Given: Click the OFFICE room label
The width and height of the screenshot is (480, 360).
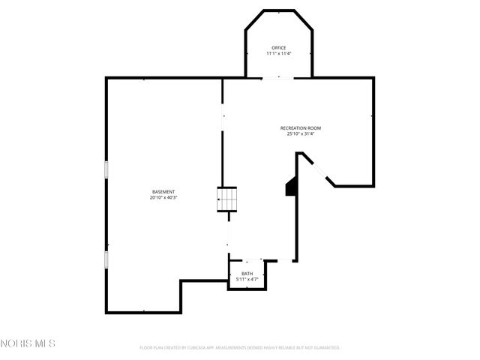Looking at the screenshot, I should pos(278,48).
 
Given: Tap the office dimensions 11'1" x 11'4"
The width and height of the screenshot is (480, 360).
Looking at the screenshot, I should pos(278,54).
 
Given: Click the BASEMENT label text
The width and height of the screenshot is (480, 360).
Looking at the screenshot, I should pos(163,192).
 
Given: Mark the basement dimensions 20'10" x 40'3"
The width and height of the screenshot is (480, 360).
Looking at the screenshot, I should pos(163,198).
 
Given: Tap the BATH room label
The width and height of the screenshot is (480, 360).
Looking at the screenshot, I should pos(247,274).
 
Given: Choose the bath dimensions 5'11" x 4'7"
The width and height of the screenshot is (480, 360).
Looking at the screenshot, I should pos(247,280).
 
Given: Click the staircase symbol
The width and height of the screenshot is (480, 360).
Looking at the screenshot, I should pos(227,199).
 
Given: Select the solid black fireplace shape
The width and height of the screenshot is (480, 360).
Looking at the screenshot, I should pos(291,187).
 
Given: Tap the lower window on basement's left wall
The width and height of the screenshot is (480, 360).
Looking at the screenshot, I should pos(106,259).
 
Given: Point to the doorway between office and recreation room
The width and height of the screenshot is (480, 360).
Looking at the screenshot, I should pos(278,77).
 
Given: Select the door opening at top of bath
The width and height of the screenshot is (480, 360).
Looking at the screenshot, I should pos(247,261).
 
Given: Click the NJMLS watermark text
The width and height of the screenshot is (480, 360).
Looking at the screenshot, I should pos(28,344).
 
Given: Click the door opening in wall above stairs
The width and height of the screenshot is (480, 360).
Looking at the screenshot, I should pos(223,116).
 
